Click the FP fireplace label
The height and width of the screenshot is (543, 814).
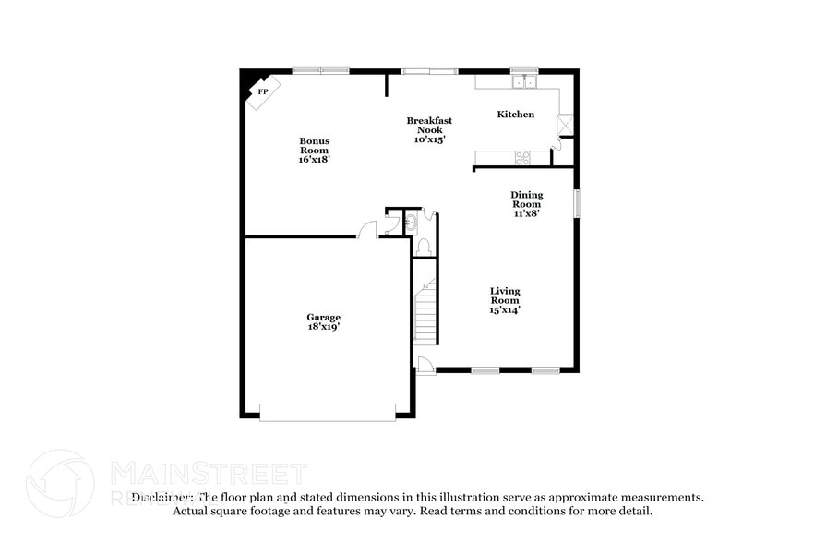(263, 91)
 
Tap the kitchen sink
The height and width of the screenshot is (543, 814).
(524, 82)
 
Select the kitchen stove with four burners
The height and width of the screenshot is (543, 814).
(522, 157)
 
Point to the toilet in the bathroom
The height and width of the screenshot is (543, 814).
(423, 247)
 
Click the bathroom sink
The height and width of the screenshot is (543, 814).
(411, 222)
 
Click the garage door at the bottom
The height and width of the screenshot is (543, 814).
(328, 412)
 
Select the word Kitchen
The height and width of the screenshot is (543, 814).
(516, 115)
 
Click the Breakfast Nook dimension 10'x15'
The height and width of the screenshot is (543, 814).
(430, 140)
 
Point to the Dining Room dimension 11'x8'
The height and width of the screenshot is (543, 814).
(527, 213)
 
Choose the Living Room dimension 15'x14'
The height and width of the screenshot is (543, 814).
(505, 310)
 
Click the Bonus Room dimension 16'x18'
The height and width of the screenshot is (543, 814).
(314, 160)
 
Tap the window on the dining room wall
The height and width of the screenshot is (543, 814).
(577, 203)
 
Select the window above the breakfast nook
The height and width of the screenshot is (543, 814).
(429, 71)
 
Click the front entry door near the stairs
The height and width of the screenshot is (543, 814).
(425, 365)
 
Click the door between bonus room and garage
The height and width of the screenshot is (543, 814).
(368, 230)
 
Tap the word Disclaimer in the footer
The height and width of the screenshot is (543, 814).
(162, 497)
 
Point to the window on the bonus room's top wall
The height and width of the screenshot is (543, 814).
(321, 71)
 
